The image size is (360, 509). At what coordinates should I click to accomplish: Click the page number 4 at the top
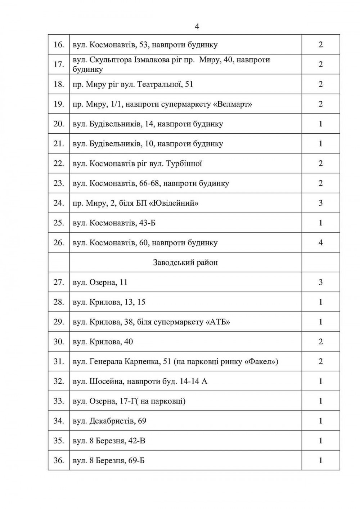coord(197,27)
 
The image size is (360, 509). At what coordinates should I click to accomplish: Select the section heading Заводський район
coord(185,263)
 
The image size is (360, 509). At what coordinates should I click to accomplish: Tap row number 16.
coord(59,45)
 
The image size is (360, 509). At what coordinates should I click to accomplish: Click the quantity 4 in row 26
coord(320,243)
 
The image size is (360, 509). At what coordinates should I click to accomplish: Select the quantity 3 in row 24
coord(320,203)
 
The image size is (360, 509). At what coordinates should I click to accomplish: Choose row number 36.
coord(59,461)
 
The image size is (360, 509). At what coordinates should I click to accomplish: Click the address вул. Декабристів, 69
coord(109,421)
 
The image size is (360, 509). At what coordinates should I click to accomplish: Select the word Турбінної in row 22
coord(184,164)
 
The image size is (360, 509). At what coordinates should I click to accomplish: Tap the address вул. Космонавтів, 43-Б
coord(114,223)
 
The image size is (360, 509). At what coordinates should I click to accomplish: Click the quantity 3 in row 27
coord(320,282)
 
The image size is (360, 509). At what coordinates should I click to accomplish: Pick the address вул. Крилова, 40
coord(103,342)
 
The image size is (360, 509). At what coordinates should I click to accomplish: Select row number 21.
coord(59,144)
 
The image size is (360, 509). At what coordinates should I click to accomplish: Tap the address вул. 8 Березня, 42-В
coord(109,441)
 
